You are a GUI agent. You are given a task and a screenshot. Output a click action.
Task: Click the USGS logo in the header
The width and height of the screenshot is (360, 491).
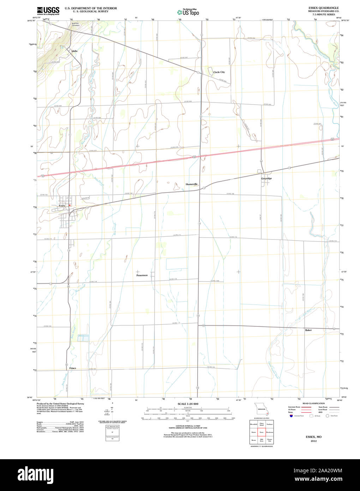pos(48,11)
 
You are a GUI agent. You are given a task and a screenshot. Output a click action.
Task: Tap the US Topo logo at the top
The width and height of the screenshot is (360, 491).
pos(188,12)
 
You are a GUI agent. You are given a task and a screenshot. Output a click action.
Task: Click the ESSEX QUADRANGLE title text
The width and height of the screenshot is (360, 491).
pos(323,8)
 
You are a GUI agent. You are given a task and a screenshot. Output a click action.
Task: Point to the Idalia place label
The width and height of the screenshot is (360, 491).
pos(74,51)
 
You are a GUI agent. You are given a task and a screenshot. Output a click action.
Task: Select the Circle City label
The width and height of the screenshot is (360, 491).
pos(219,72)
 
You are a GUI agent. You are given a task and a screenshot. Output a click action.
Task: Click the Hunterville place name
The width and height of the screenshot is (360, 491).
pos(192,184)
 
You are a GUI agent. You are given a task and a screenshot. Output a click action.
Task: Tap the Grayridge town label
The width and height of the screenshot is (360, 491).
pos(266,178)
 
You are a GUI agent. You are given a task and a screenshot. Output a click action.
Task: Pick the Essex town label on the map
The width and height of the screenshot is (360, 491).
pos(62,206)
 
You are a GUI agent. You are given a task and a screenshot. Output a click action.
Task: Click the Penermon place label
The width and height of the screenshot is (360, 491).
pos(142,275)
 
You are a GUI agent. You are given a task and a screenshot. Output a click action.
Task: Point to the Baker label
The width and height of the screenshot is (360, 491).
pos(308,330)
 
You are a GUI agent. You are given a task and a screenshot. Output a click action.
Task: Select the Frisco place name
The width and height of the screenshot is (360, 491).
pos(72,368)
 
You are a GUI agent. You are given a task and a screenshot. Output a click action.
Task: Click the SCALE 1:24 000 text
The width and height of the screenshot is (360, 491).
pos(188,404)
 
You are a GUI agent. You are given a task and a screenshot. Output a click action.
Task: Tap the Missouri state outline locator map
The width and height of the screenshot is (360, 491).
pos(262,409)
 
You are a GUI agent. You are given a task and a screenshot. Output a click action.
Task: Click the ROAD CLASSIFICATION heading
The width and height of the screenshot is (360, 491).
pos(313,403)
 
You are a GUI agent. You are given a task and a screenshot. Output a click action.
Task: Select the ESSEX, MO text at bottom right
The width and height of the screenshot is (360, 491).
pos(313,437)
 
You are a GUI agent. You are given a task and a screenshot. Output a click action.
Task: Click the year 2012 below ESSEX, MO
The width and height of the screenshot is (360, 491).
pos(313,441)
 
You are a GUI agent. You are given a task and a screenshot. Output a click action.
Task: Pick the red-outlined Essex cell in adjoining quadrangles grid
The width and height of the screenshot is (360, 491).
pos(262,432)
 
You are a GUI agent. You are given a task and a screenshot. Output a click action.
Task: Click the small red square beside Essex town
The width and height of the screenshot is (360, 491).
pos(70,205)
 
